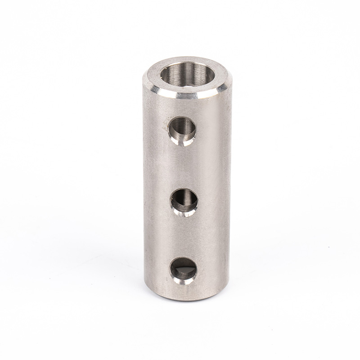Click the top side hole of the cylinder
pyautogui.click(x=182, y=130)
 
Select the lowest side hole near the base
pyautogui.click(x=183, y=270)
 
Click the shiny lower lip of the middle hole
pyautogui.click(x=184, y=212)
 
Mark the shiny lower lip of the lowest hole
pyautogui.click(x=184, y=281)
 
